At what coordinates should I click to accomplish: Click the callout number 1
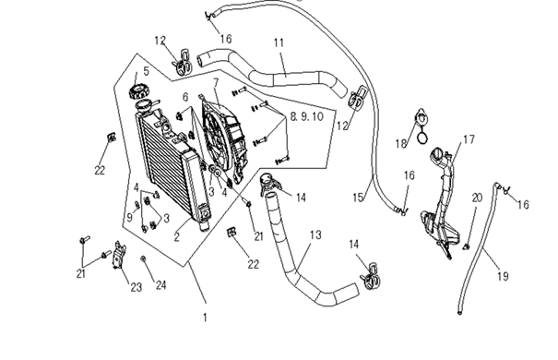point(205,318)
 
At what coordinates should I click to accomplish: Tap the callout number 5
point(147,71)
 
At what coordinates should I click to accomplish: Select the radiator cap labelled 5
point(137,91)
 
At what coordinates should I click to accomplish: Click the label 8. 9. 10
point(307,116)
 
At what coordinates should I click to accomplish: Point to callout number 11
point(279,42)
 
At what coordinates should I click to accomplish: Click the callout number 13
point(315,235)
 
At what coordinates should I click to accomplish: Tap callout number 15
point(359,197)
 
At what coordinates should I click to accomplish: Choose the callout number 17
point(469,139)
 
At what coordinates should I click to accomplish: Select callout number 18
point(401,143)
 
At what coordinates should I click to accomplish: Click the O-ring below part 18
point(422,138)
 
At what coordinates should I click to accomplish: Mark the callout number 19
point(503,276)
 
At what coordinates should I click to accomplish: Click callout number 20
point(477,198)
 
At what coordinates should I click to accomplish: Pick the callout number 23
point(136,287)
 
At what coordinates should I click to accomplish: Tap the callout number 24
point(160,285)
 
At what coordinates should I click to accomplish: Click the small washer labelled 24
point(143,258)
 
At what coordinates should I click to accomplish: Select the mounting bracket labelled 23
point(118,255)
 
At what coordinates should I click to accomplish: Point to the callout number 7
point(216,82)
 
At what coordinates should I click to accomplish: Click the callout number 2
point(177,237)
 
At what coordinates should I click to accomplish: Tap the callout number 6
point(185,97)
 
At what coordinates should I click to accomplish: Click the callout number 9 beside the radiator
point(130,217)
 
